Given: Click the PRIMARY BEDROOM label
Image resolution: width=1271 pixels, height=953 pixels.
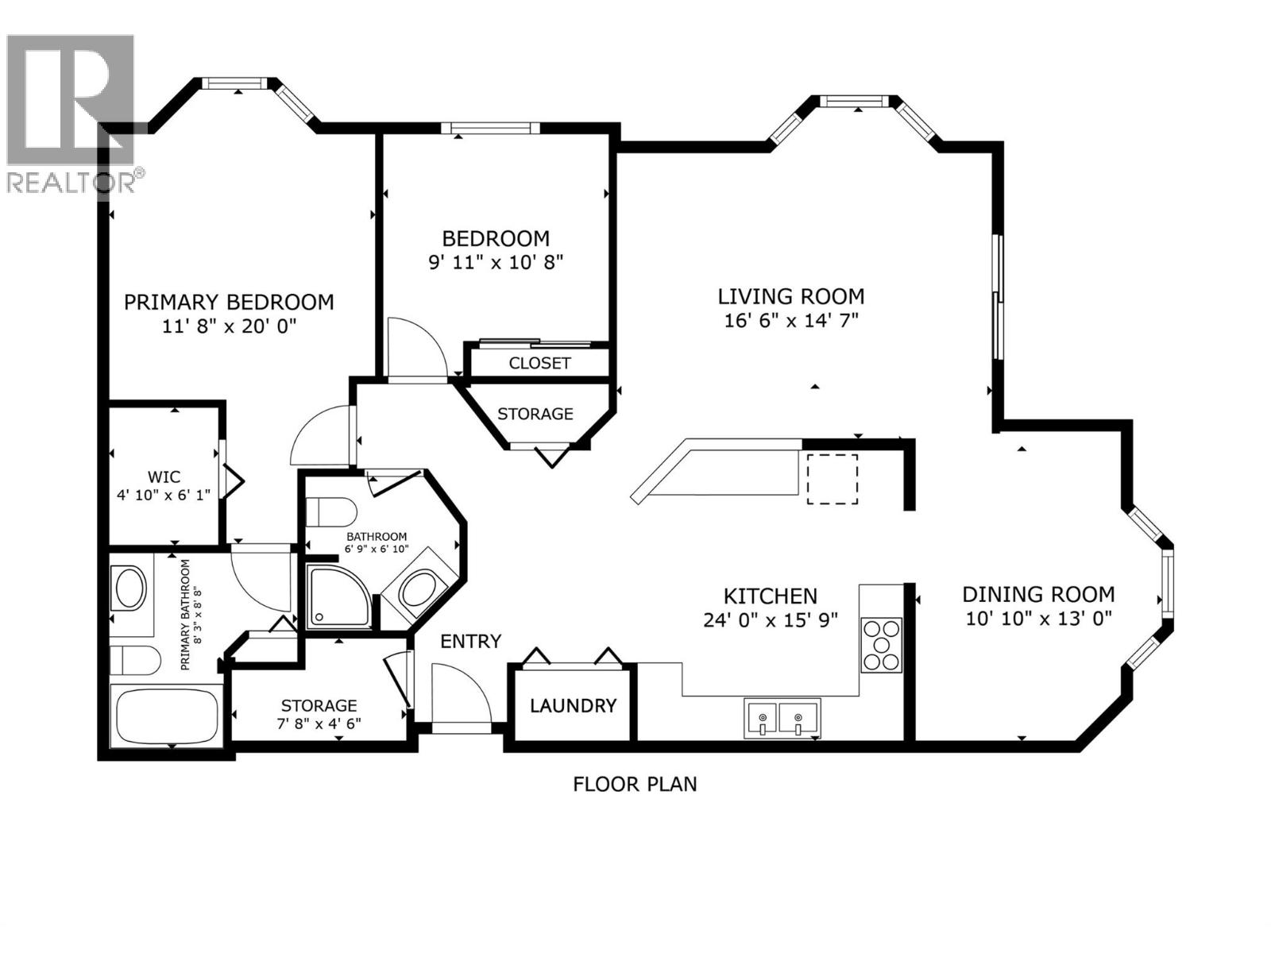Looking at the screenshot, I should coord(229,302).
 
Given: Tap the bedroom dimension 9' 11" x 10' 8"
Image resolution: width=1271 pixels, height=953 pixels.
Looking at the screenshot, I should coord(496,262).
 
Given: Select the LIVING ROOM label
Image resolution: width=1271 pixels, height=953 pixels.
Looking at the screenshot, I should coord(790,296).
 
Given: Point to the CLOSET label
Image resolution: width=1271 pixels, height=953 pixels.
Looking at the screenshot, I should coord(539,363).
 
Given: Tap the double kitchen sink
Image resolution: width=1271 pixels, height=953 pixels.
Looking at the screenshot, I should coord(782,719).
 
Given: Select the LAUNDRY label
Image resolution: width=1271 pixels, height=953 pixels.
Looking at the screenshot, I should coord(573,705).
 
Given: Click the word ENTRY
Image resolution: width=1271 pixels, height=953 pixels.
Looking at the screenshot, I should coord(471,641).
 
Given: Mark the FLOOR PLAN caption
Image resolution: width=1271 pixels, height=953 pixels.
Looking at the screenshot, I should coord(635,784).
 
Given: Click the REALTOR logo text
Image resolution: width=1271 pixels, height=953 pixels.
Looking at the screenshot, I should coord(71,183).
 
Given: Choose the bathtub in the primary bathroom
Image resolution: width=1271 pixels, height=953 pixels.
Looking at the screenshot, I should coord(168,714).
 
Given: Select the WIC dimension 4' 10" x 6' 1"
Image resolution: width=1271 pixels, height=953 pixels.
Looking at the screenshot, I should coord(164,496).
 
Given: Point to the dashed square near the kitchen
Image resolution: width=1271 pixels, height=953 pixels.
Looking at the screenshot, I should coord(832,479).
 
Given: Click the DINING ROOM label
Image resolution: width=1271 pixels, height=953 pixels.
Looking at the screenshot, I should coord(1038,594).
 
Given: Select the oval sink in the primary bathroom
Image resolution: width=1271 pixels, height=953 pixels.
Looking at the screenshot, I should coord(130,588).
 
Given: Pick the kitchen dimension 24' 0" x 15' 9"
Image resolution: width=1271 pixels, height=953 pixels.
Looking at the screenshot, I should coord(770,620).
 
